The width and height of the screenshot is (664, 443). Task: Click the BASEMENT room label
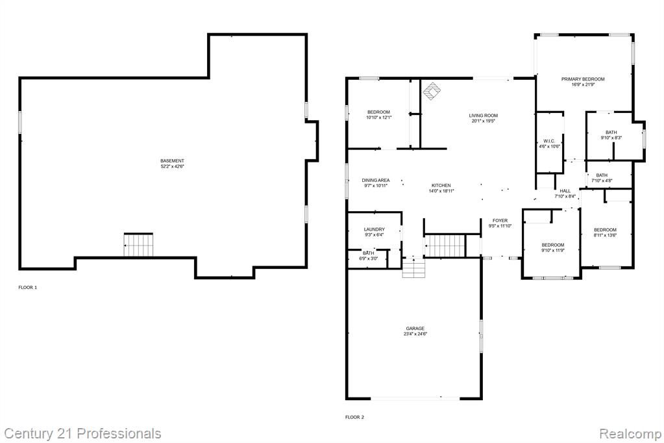172,160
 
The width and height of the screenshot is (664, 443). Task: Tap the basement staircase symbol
138,245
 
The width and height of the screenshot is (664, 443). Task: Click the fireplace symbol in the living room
432,91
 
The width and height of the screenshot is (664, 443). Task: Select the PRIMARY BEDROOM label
583,79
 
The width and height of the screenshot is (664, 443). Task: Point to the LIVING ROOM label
483,116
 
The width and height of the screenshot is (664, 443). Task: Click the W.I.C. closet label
549,141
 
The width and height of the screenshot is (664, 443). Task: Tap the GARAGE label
415,328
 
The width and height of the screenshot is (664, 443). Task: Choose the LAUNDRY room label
374,229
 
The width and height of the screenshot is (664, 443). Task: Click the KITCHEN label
441,185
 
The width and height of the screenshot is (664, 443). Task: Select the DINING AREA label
376,180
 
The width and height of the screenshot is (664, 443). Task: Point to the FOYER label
500,220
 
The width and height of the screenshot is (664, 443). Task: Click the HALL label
565,191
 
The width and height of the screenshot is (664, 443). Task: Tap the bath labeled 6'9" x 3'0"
369,256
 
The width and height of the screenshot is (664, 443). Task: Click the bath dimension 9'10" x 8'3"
611,137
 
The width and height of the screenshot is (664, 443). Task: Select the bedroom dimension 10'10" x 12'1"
378,117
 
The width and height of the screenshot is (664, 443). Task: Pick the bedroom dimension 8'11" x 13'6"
605,235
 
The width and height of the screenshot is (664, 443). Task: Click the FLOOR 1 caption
27,287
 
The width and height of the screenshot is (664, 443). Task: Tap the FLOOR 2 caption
354,417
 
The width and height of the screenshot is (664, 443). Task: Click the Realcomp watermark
630,434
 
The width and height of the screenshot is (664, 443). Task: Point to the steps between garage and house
413,268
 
